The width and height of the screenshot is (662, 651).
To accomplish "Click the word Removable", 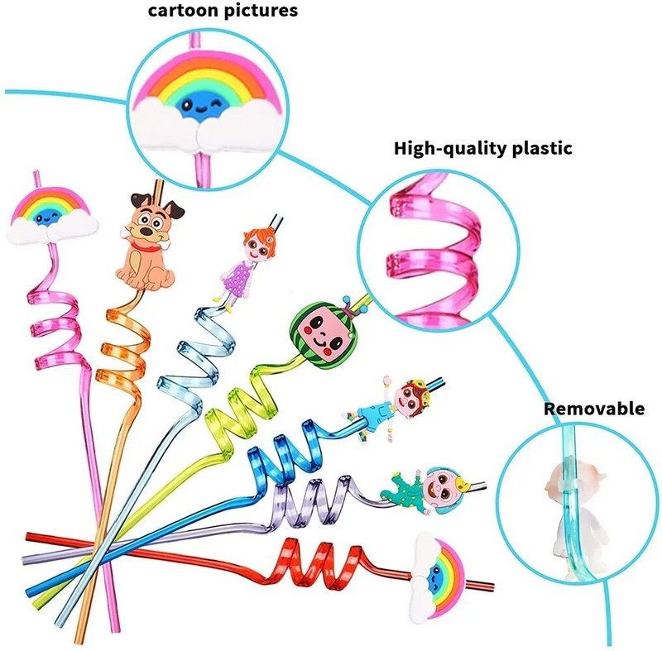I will click(593, 409).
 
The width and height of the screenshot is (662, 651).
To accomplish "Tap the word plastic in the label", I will click(533, 149).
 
